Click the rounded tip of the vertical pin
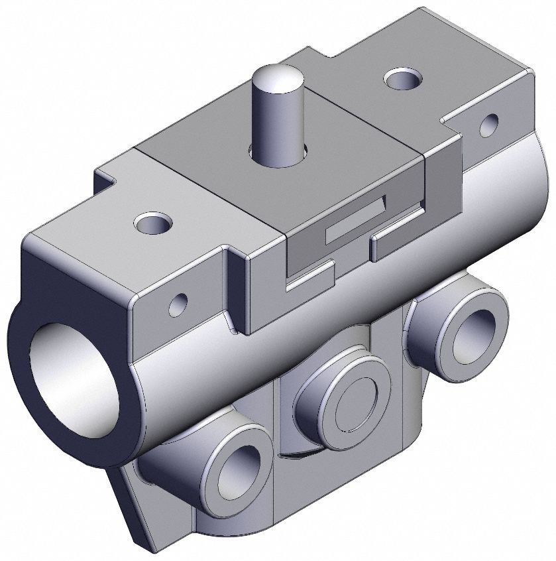[x=276, y=75]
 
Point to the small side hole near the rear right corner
[x=490, y=124]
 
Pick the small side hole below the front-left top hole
[x=178, y=304]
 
